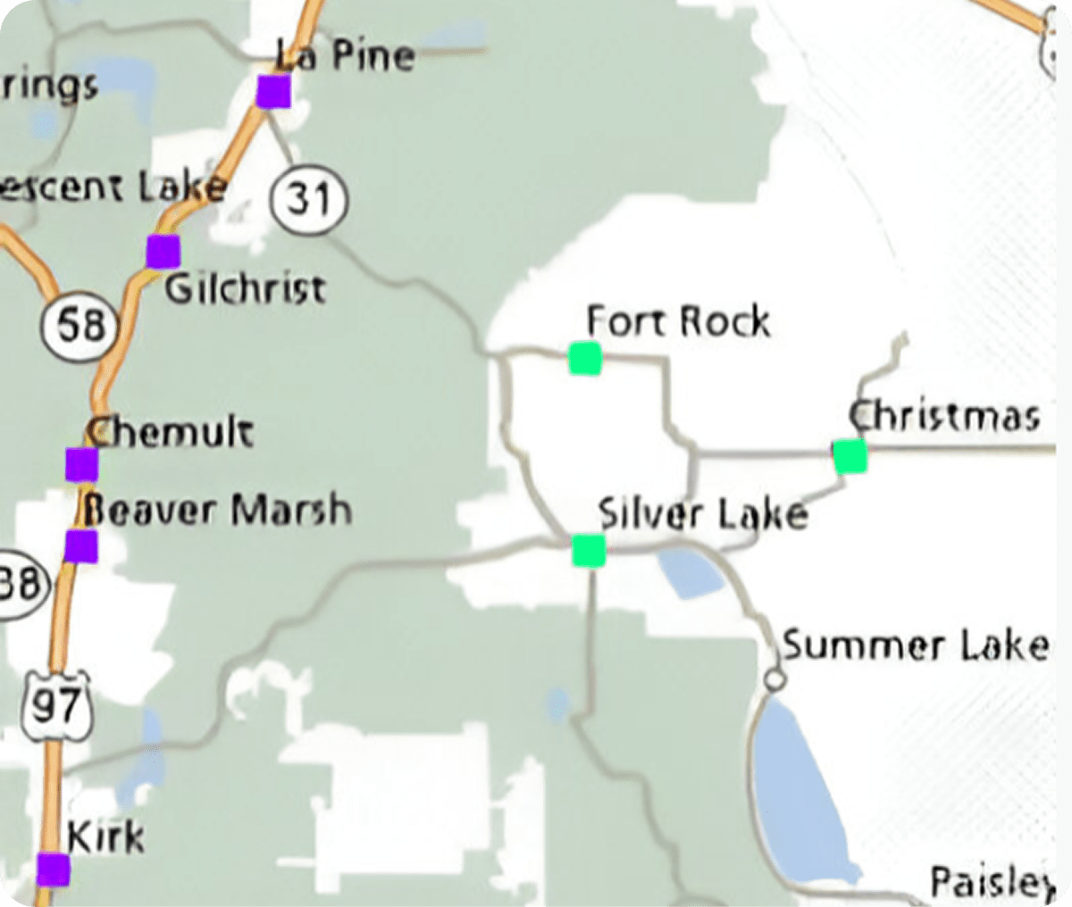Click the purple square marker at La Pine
pos(273,91)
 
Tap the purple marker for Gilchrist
pos(163,252)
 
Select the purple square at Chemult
pos(81,464)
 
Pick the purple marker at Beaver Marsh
pos(80,545)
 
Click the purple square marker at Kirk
pos(54,870)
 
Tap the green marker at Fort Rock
pos(585,359)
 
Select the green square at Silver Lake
pos(589,550)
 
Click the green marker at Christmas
pos(850,456)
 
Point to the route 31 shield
pos(309,198)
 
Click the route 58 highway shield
pos(80,326)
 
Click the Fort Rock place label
pos(678,321)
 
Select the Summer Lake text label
pos(915,645)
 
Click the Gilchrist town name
pos(246,288)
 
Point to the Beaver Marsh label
pos(217,510)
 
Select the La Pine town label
pos(345,57)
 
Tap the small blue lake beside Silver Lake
pos(689,573)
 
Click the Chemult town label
pos(171,432)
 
